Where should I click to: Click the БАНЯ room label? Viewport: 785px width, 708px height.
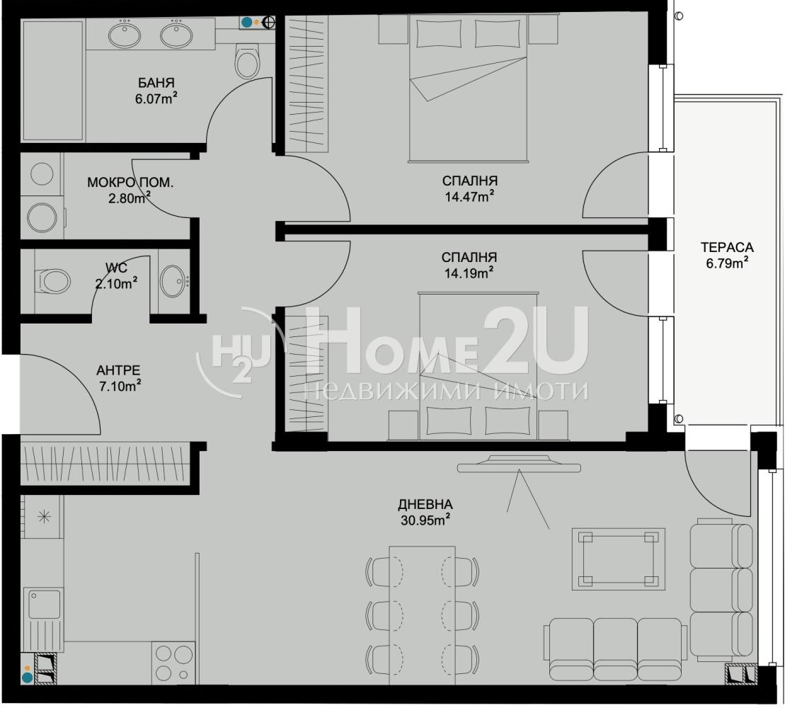click(156, 83)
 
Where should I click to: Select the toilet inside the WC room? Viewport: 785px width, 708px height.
click(52, 281)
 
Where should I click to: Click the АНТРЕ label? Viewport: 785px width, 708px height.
click(118, 370)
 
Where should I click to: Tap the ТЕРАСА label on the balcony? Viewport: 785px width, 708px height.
click(727, 247)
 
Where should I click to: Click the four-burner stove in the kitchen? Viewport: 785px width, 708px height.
click(173, 663)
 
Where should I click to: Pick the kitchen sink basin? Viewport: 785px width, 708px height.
click(45, 605)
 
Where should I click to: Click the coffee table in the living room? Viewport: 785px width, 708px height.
click(618, 559)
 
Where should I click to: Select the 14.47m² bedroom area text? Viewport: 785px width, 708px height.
click(469, 197)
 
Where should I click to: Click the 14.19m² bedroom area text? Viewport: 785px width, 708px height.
click(469, 273)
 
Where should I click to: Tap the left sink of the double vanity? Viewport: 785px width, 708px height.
click(125, 34)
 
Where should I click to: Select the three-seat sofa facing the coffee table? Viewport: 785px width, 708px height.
click(615, 651)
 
